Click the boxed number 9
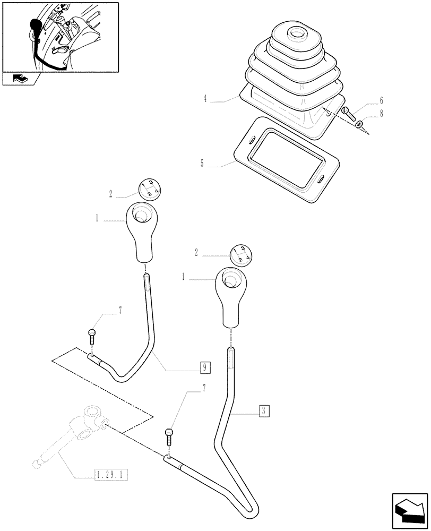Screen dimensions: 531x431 205,367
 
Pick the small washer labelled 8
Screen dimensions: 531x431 359,125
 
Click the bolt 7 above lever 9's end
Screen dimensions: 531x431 91,336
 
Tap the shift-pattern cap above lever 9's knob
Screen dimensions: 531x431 150,189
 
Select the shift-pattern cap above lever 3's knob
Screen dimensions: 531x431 240,255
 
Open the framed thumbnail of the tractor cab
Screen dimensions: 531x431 60,37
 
